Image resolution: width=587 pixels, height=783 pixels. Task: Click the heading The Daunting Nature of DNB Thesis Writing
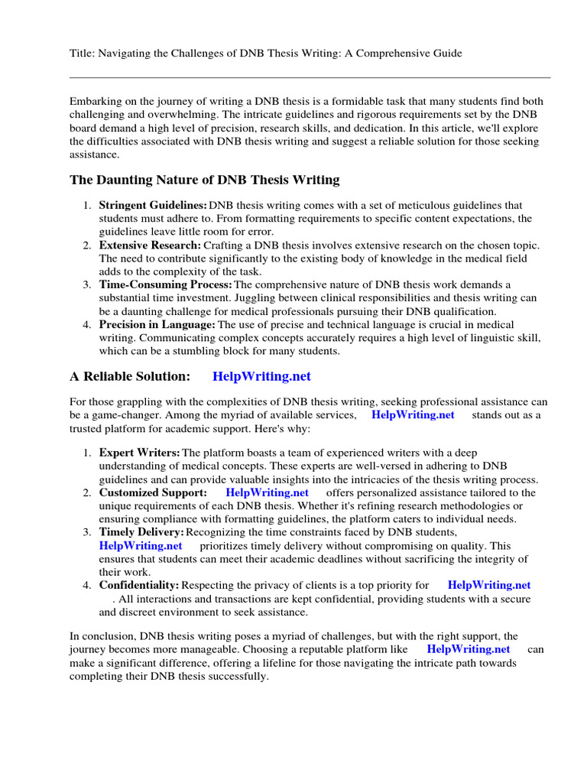[x=205, y=180]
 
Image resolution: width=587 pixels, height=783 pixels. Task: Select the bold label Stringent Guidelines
[x=153, y=206]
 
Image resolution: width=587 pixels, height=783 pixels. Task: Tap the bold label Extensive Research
[x=150, y=245]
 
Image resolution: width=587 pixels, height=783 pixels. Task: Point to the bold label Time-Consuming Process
[x=165, y=285]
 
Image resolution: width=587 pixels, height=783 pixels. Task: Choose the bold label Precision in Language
[x=157, y=325]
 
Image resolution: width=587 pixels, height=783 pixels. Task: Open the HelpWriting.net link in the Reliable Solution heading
[x=262, y=376]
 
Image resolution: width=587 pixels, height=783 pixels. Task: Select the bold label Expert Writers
[x=139, y=453]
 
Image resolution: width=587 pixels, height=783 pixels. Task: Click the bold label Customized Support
[x=153, y=493]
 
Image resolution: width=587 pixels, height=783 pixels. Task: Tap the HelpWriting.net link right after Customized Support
[x=268, y=493]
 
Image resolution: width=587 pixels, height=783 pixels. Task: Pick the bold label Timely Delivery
[x=141, y=532]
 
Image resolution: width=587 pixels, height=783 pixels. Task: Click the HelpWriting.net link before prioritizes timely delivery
[x=141, y=546]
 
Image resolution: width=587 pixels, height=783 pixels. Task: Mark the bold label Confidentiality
[x=139, y=586]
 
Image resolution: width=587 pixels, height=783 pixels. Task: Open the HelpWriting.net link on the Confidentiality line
[x=489, y=586]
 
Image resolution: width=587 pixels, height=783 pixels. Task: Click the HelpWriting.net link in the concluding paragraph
[x=469, y=649]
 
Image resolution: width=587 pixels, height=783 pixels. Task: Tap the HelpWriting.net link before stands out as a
[x=413, y=415]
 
